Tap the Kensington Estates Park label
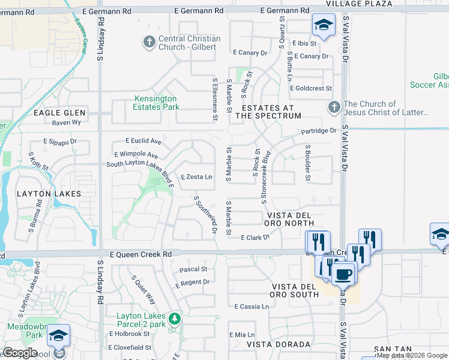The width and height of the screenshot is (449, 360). [x=155, y=103]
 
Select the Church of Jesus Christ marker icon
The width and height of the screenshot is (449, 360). [x=334, y=108]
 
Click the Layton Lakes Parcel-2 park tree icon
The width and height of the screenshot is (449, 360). [x=174, y=317]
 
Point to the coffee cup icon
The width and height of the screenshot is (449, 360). [x=343, y=274]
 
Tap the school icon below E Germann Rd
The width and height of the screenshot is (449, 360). [x=323, y=25]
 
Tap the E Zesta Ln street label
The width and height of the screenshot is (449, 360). [x=196, y=177]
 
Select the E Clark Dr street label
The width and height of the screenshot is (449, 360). [x=255, y=238]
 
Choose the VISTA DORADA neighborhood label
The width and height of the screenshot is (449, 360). [x=279, y=344]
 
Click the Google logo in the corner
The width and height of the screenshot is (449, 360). [x=20, y=353]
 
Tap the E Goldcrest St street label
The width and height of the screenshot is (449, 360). [x=310, y=88]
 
